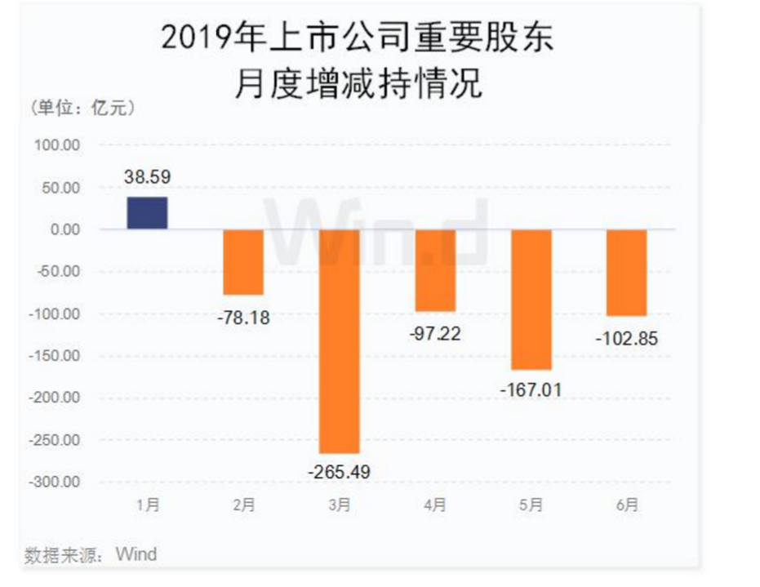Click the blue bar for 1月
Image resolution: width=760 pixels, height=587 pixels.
pos(147,213)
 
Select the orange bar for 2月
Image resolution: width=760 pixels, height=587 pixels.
pos(243,261)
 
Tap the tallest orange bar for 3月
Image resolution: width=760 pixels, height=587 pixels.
pos(339,340)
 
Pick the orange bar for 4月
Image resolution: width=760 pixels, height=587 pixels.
pos(435,270)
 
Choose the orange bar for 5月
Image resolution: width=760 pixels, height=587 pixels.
pos(531,299)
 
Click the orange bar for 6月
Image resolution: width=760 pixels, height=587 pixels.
pos(627,273)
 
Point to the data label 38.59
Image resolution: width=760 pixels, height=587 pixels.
pos(147,176)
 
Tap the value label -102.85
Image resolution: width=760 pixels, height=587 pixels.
pos(626,336)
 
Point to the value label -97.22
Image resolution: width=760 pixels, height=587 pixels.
pos(435,331)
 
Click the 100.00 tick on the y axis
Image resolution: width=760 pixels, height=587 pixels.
pos(57,145)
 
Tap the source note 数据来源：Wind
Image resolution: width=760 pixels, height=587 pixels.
pos(91,555)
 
